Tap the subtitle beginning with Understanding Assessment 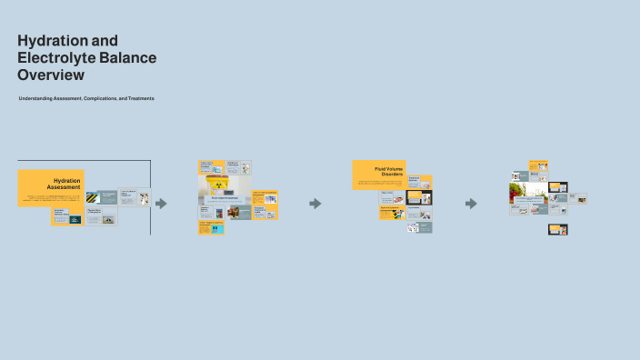pos(86,98)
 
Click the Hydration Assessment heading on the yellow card pos(64,184)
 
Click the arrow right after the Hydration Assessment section pos(161,204)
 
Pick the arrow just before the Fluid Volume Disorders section pos(315,204)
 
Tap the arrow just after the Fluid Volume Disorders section pos(471,204)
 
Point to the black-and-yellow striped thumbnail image pos(94,197)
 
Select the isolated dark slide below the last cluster pos(557,230)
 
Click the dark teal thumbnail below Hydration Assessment pos(75,220)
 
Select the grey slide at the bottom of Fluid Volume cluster pos(419,227)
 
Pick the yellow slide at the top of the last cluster pos(538,165)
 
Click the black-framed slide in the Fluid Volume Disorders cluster pos(420,197)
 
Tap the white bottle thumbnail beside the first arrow pos(143,197)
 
